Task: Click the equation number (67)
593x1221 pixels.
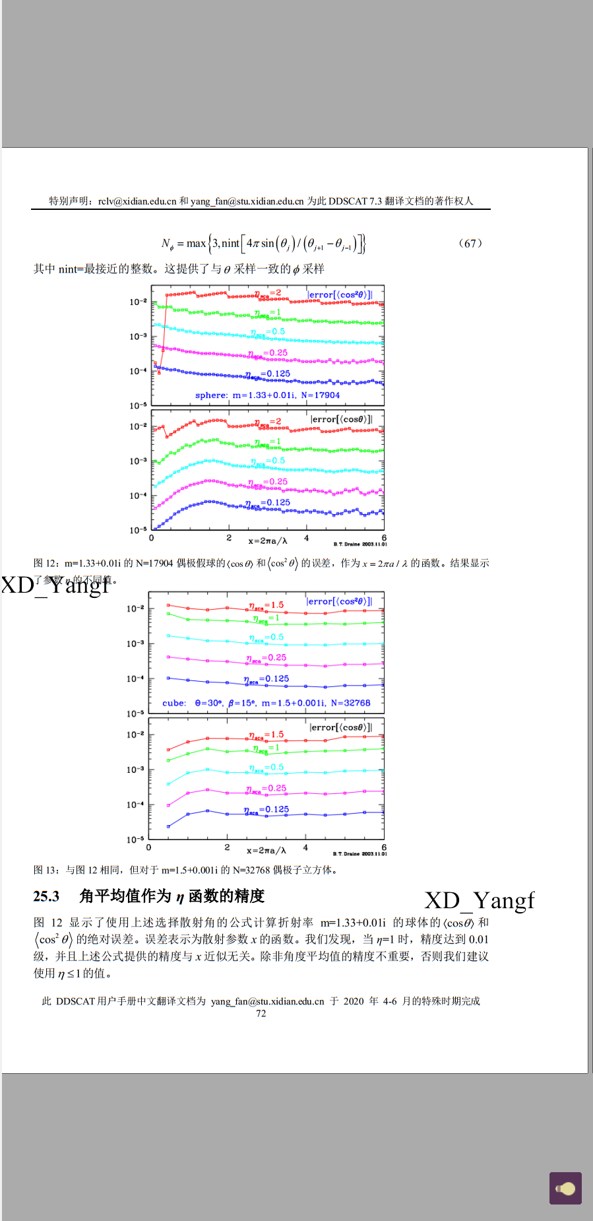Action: pos(470,243)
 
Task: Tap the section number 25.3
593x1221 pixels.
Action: pos(46,896)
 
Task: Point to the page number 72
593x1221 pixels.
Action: pos(261,1014)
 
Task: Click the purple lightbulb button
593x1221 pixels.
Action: pos(565,1188)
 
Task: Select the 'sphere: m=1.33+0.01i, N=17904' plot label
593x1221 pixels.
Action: pos(267,395)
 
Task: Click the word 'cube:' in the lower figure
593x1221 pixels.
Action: pos(174,704)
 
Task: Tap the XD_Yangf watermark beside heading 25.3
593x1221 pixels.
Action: pos(480,901)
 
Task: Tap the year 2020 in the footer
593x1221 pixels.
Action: pos(354,1001)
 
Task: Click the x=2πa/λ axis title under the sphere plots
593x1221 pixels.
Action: pos(267,541)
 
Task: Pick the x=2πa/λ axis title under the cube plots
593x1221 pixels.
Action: pos(266,850)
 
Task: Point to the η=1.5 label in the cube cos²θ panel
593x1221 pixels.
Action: pos(266,605)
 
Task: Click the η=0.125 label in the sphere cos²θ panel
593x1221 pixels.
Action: pos(268,374)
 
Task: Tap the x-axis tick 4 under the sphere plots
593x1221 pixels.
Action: pos(306,539)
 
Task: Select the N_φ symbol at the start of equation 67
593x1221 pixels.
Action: pos(168,244)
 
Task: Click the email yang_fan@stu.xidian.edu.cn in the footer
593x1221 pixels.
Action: pos(267,1001)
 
